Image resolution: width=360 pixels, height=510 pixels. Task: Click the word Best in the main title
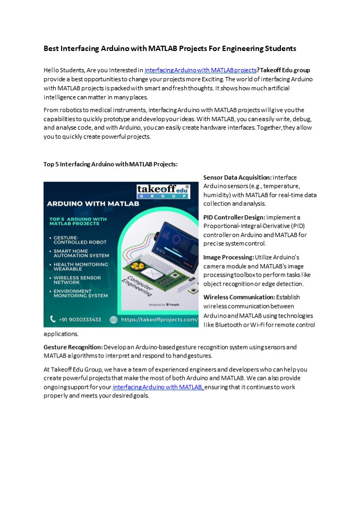(52, 48)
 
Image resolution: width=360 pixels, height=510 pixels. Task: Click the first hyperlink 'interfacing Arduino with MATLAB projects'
(200, 70)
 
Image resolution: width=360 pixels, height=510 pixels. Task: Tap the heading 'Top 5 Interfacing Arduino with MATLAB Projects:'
(110, 164)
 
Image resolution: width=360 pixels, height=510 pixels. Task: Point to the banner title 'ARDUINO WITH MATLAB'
(93, 203)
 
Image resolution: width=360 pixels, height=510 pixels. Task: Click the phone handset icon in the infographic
(53, 319)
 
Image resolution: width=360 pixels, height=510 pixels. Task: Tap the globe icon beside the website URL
(113, 320)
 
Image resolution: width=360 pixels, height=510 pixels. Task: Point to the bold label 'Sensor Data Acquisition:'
(237, 177)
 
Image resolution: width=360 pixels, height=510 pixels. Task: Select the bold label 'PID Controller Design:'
(234, 217)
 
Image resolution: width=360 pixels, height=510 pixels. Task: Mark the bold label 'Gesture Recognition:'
(73, 347)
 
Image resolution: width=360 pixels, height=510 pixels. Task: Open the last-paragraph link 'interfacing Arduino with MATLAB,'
(158, 387)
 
